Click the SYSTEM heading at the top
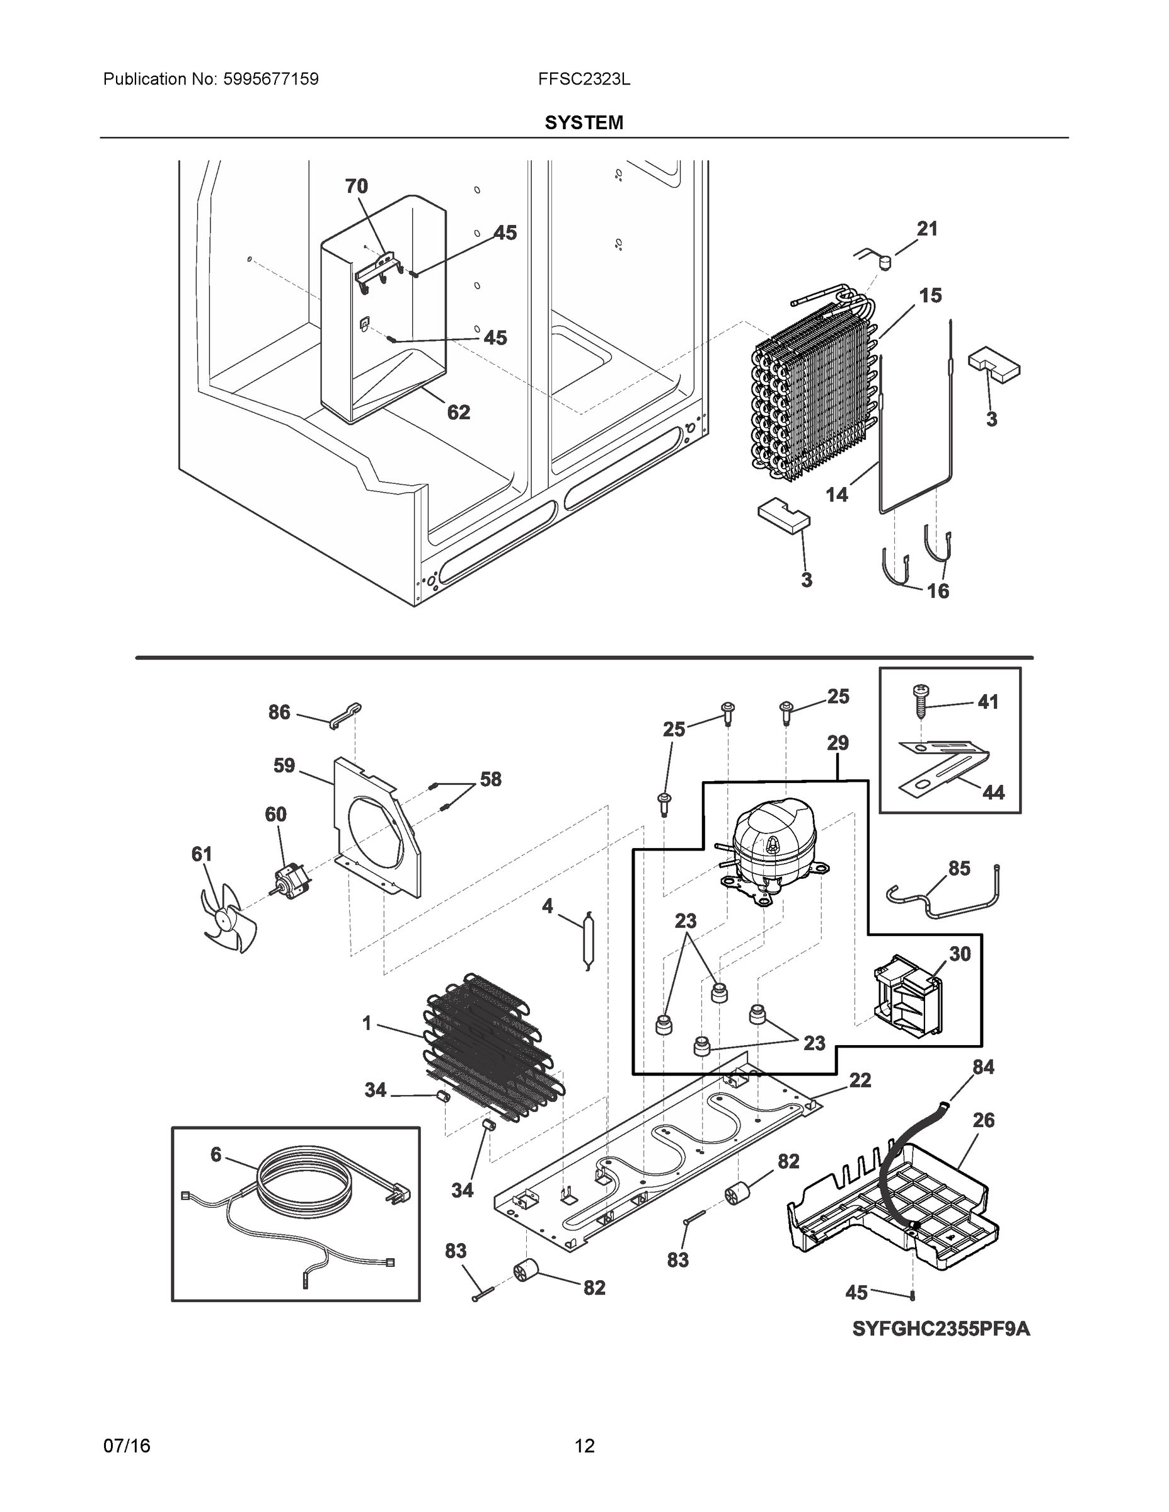pyautogui.click(x=584, y=123)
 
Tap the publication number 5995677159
pyautogui.click(x=270, y=79)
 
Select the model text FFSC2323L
pyautogui.click(x=584, y=79)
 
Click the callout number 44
pyautogui.click(x=993, y=792)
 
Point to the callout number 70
pyautogui.click(x=356, y=186)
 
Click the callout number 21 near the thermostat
pyautogui.click(x=926, y=229)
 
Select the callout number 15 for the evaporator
pyautogui.click(x=930, y=295)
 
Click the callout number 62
pyautogui.click(x=458, y=413)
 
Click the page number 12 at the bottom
pyautogui.click(x=584, y=1446)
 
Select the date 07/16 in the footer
pyautogui.click(x=127, y=1446)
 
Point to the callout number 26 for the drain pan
pyautogui.click(x=982, y=1120)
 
